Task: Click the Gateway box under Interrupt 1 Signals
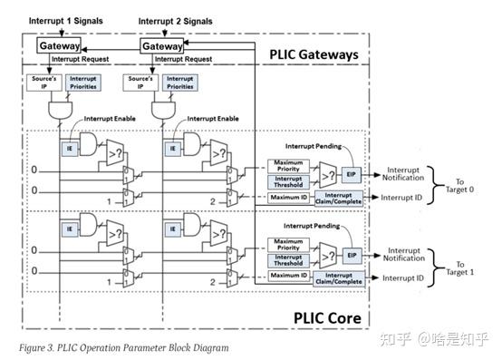[59, 45]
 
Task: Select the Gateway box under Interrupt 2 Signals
[163, 45]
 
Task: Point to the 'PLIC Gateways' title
[314, 54]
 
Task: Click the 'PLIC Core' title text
[329, 317]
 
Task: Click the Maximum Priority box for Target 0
[288, 164]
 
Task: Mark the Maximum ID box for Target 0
[288, 197]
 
